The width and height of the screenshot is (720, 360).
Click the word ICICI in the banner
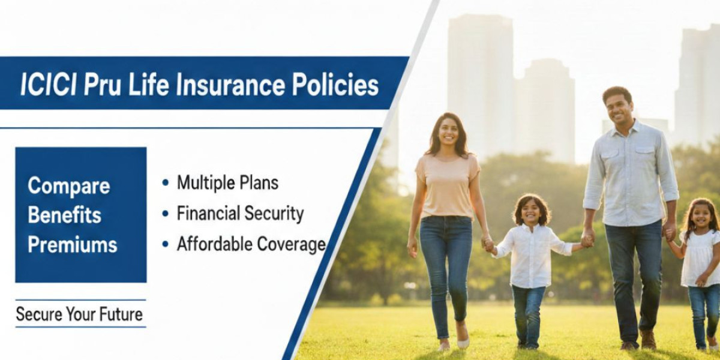48,85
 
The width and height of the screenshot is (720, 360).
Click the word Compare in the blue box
68,187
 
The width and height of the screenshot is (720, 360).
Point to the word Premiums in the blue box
73,244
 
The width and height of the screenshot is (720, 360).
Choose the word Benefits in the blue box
64,215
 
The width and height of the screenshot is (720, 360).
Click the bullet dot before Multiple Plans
165,183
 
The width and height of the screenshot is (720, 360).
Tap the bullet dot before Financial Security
165,214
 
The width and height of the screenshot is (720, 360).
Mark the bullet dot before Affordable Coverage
165,244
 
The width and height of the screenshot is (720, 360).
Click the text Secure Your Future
79,314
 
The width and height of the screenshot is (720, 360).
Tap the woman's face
447,131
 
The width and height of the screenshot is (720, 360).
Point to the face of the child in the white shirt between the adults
530,212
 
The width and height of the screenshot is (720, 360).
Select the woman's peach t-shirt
447,186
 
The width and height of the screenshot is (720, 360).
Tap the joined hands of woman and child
488,243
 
